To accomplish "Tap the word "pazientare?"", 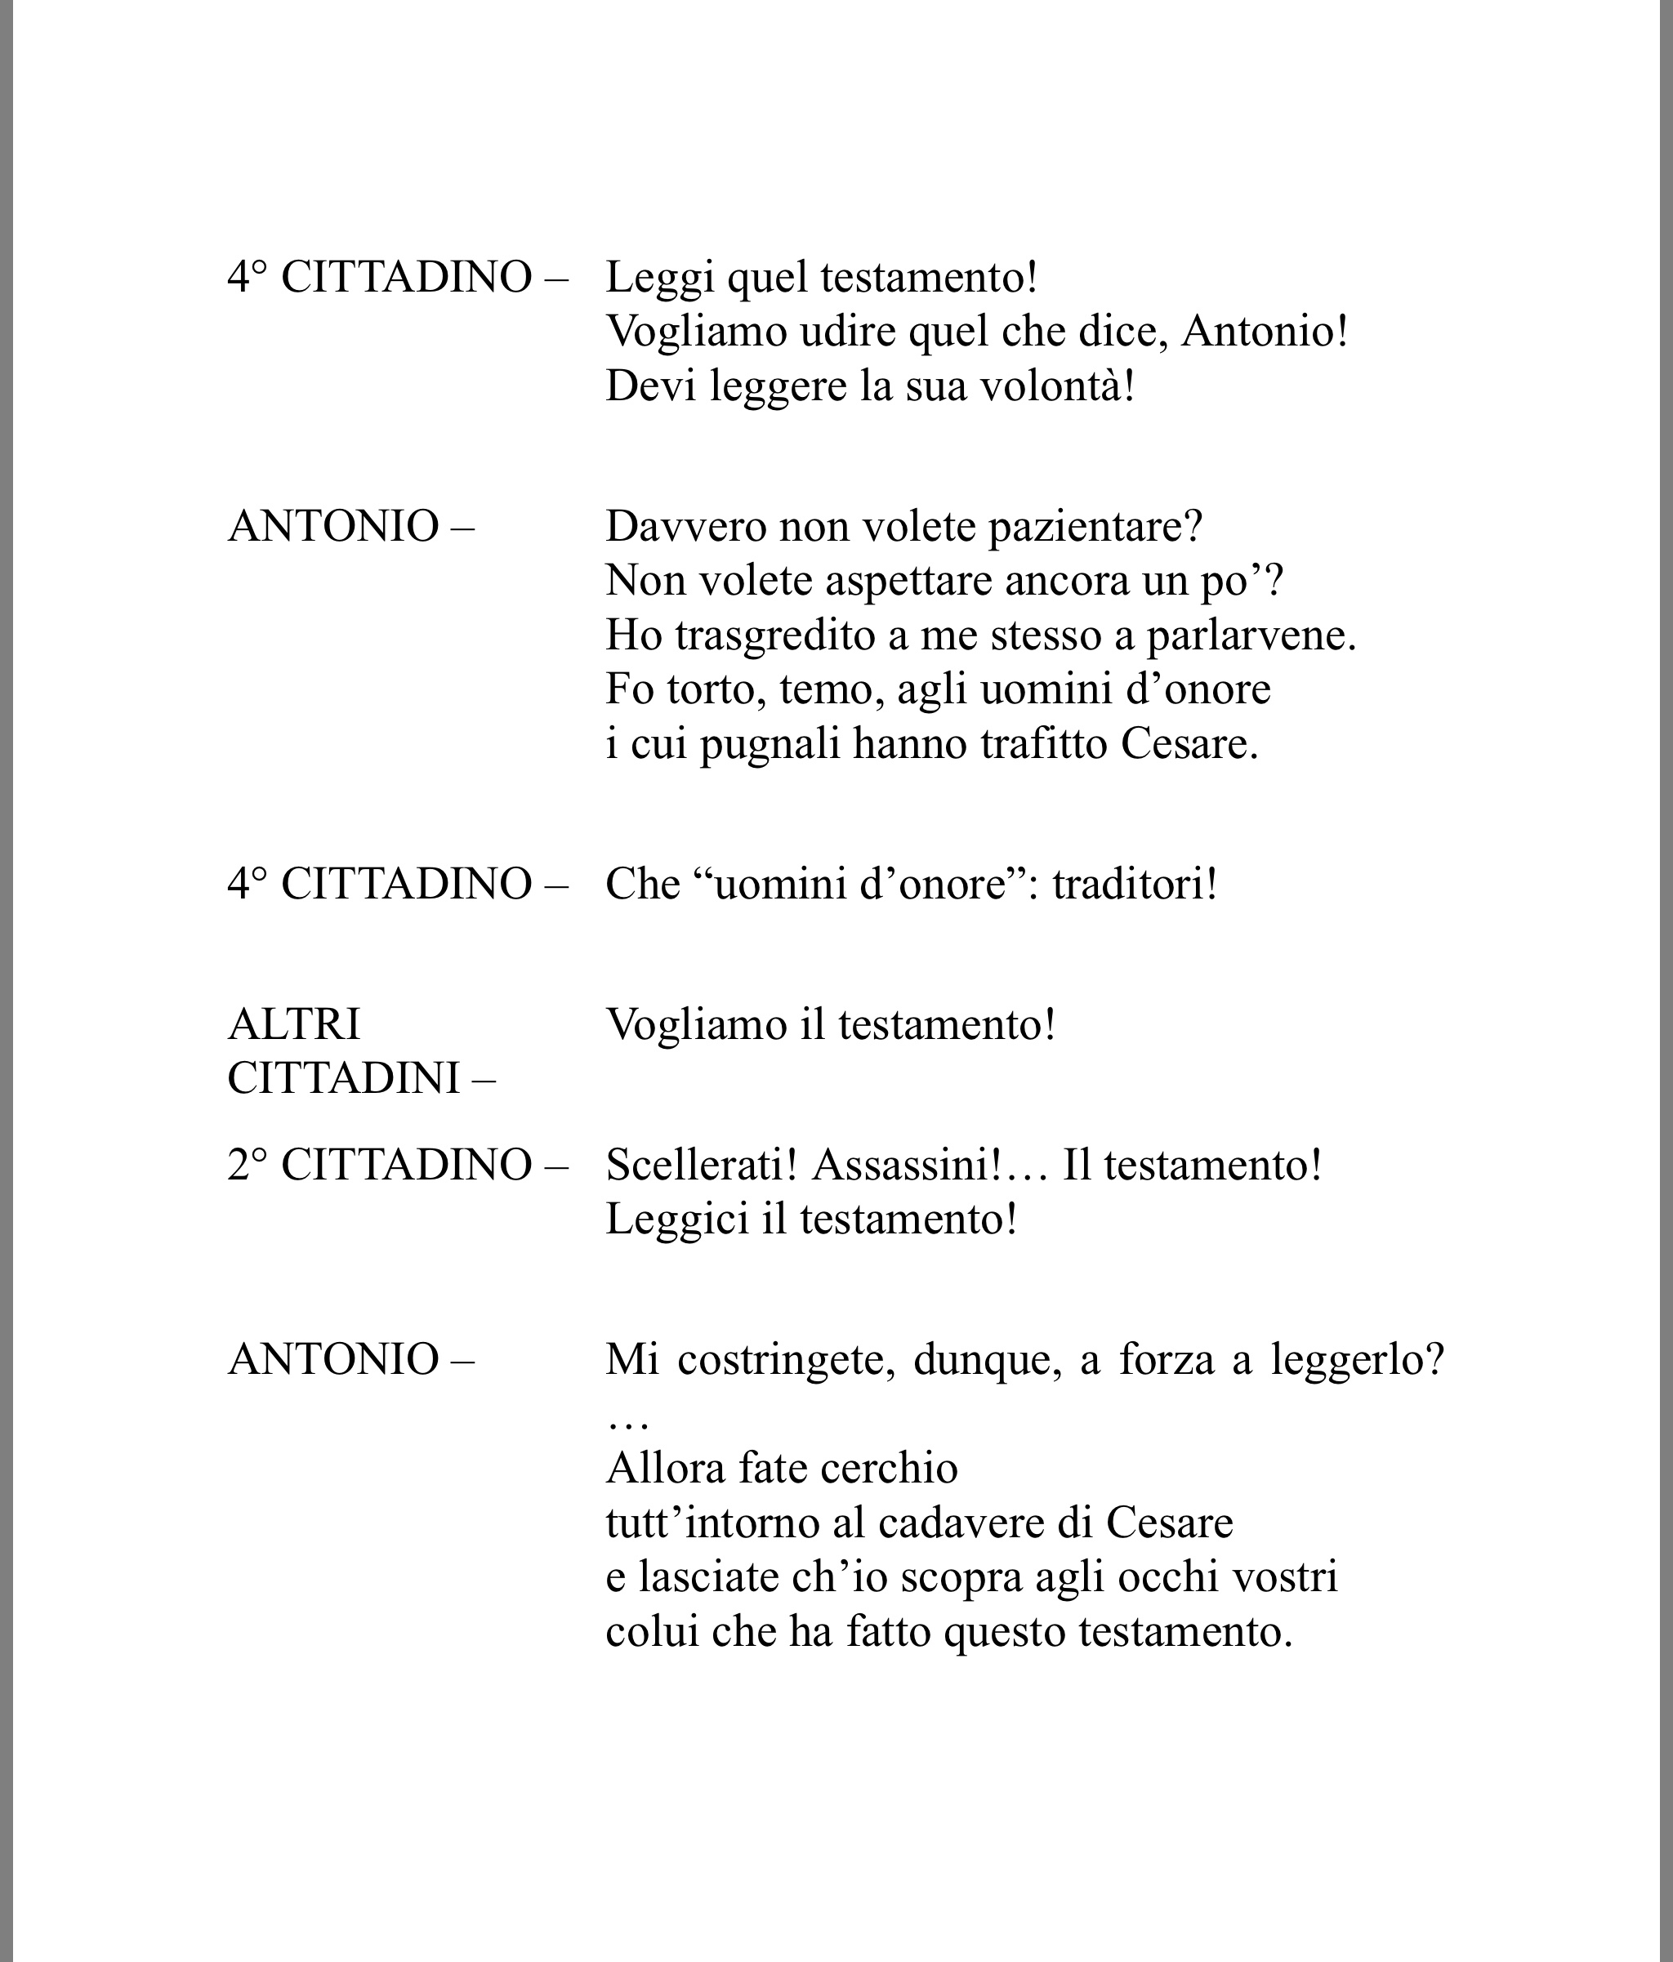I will (x=1095, y=527).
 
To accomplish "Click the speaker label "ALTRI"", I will (x=293, y=1023).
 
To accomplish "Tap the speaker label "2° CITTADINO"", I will (x=380, y=1165).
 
